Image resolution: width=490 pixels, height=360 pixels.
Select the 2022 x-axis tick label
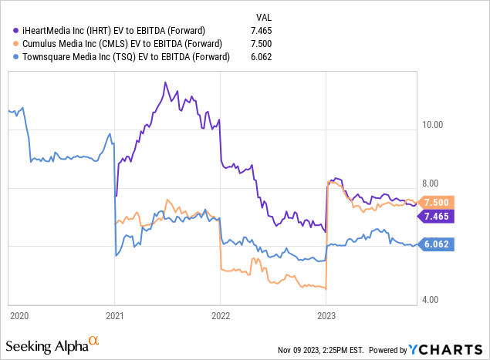(221, 316)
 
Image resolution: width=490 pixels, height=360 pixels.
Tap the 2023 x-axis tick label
(326, 316)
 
